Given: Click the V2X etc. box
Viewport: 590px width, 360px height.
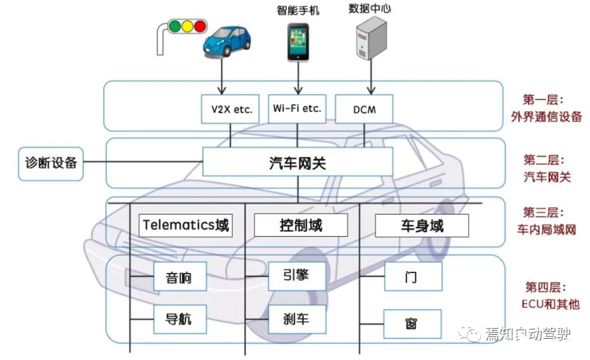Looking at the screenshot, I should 230,109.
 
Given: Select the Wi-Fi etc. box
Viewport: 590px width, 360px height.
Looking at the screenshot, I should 297,108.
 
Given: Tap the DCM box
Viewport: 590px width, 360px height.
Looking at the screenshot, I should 364,109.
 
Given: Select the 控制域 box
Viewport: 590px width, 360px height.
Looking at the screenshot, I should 301,225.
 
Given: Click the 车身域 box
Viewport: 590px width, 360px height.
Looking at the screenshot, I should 422,225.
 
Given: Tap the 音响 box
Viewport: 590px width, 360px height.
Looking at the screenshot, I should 178,278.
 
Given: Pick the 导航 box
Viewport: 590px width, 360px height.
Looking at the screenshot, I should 178,319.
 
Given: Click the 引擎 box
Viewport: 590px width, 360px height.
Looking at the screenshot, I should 296,276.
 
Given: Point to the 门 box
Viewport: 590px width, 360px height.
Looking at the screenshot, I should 412,277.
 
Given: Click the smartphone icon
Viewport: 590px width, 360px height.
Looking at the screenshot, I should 298,42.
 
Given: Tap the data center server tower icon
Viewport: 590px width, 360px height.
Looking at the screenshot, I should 371,38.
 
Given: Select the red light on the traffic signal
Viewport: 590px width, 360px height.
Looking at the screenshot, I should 200,26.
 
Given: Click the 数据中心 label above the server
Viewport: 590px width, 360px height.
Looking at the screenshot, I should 370,9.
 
